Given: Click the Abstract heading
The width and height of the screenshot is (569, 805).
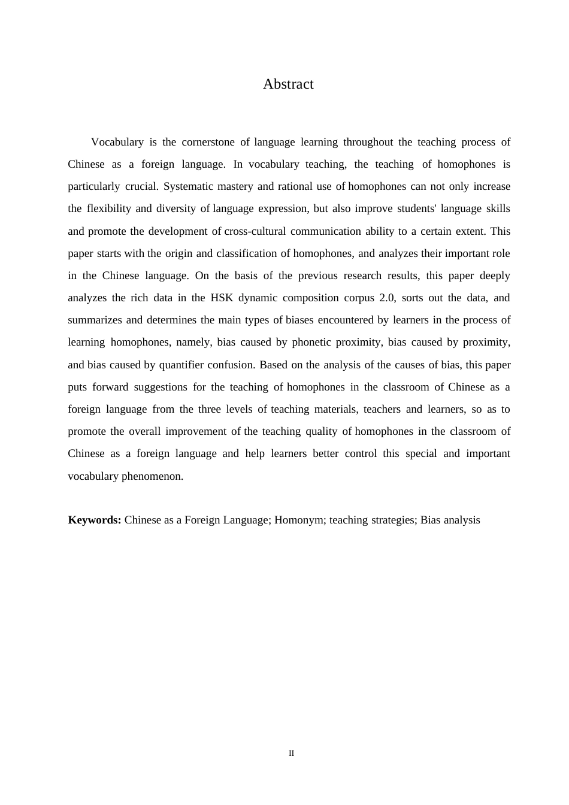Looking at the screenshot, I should click(288, 84).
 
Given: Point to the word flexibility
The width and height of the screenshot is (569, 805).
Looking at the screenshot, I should click(108, 208).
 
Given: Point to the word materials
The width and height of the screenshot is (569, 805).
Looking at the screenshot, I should click(335, 409).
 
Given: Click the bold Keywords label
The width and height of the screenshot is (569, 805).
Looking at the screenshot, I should click(95, 520).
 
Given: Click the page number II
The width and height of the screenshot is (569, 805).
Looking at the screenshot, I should click(291, 753).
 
